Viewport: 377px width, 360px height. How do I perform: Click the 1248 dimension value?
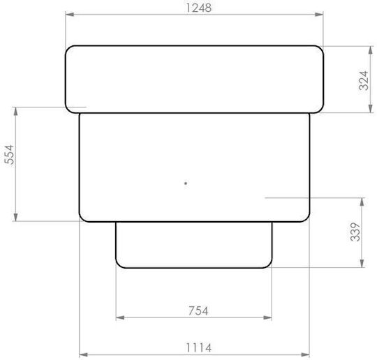coord(199,8)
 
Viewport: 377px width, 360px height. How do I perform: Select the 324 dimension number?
coord(364,80)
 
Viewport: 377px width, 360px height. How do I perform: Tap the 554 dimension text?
coord(10,154)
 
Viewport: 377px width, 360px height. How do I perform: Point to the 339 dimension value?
coord(355,232)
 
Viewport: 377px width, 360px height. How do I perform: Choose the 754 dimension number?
coord(198,310)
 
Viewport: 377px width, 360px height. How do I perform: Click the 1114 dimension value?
coord(198,347)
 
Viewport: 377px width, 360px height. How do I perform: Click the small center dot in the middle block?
coord(186,183)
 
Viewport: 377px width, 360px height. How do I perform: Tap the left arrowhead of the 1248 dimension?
coord(70,15)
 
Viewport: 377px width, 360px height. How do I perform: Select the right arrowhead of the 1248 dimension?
coord(319,15)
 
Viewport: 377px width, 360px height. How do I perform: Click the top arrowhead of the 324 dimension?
coord(371,50)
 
